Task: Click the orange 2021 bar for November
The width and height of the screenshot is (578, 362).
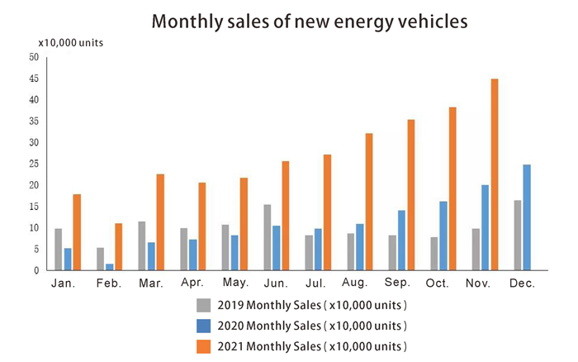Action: tap(494, 174)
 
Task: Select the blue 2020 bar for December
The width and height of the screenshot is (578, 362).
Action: tap(527, 217)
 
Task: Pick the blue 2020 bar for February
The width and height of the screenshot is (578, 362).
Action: tap(110, 266)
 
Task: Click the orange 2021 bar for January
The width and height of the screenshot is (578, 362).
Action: tap(77, 232)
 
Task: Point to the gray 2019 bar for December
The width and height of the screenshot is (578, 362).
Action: tap(518, 236)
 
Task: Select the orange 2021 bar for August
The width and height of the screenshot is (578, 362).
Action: tap(369, 202)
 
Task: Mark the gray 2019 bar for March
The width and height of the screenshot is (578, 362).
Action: tap(142, 245)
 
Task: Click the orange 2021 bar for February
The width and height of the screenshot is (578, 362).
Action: tap(119, 246)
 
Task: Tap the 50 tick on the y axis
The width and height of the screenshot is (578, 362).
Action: tap(33, 57)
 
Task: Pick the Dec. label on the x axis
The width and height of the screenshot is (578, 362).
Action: tap(523, 283)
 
